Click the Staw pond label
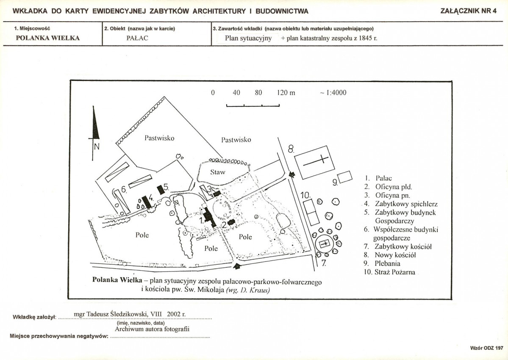(x=217, y=172)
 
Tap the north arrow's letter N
(x=97, y=147)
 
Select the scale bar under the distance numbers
(x=253, y=105)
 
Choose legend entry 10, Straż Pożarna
(x=389, y=272)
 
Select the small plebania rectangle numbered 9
(x=345, y=177)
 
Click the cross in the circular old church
(x=324, y=244)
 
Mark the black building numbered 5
(x=161, y=190)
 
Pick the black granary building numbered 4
(x=147, y=202)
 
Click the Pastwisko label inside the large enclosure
(x=159, y=138)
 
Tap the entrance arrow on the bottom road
(x=237, y=266)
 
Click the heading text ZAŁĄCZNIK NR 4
(x=468, y=11)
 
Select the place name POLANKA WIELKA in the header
(x=47, y=38)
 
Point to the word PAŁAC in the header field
(x=137, y=38)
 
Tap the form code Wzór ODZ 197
(x=487, y=348)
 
